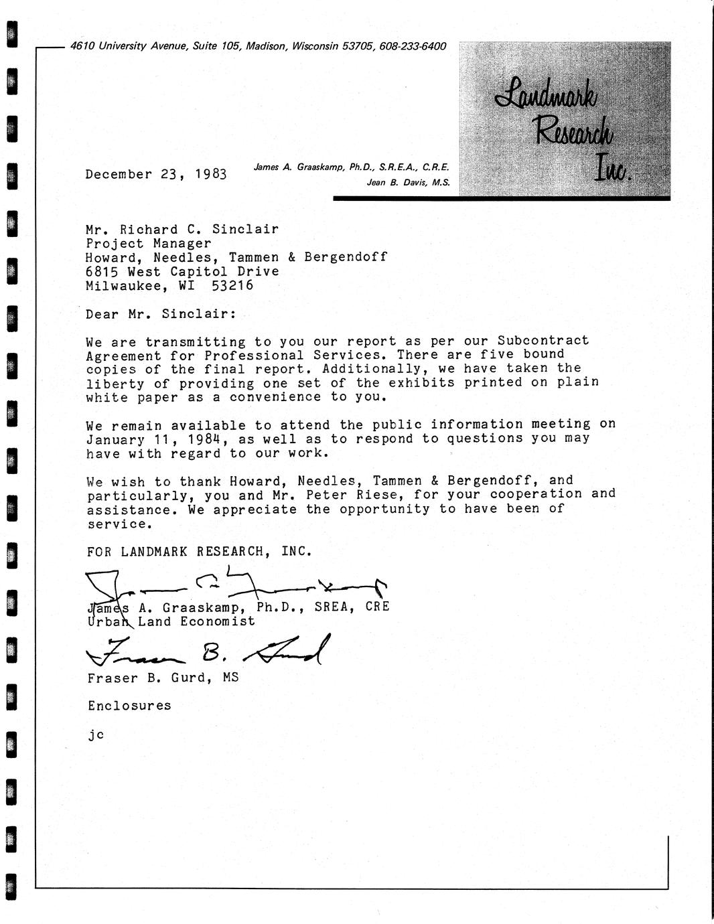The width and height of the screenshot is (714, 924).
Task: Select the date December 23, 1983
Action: pos(156,175)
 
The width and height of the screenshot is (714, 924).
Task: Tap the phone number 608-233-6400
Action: pos(413,47)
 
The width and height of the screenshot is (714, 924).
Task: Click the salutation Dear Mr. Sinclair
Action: pos(161,314)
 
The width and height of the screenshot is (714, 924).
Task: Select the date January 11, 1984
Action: pos(157,439)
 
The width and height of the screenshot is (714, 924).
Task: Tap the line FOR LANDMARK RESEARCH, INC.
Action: pos(200,552)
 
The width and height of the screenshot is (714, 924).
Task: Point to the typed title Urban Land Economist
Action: pos(171,621)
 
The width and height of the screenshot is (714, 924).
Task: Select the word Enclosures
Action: pos(129,706)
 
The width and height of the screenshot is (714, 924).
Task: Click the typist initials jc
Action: pos(95,734)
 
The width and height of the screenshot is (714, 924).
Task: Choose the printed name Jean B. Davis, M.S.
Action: pos(408,182)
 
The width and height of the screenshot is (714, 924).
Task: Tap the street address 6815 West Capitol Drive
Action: pos(182,271)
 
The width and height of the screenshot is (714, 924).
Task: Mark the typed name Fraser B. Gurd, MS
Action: pos(163,678)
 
